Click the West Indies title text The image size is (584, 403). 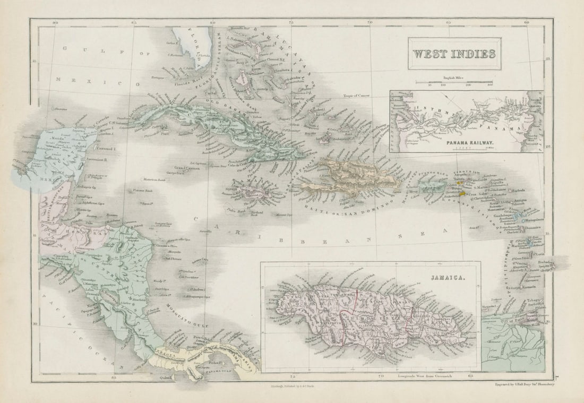(x=454, y=54)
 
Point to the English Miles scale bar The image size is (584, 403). (x=454, y=82)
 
